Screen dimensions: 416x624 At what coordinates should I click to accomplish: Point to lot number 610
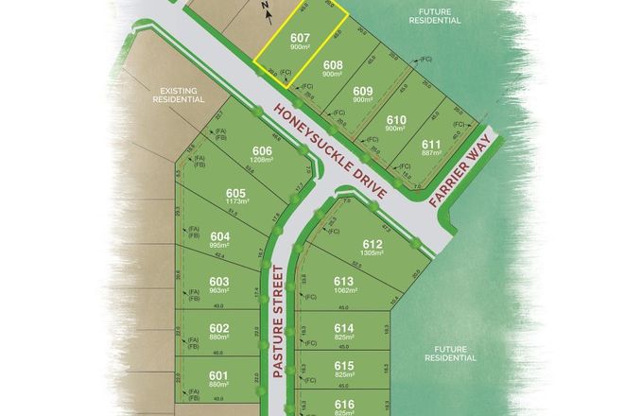pos(396,119)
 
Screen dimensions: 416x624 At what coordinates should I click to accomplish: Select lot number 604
pos(219,236)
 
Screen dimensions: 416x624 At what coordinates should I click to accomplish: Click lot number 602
pos(219,328)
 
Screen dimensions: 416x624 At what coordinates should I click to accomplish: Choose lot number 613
pos(343,281)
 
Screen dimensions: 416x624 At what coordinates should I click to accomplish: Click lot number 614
pos(343,327)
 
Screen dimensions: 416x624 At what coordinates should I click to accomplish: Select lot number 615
pos(343,365)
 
